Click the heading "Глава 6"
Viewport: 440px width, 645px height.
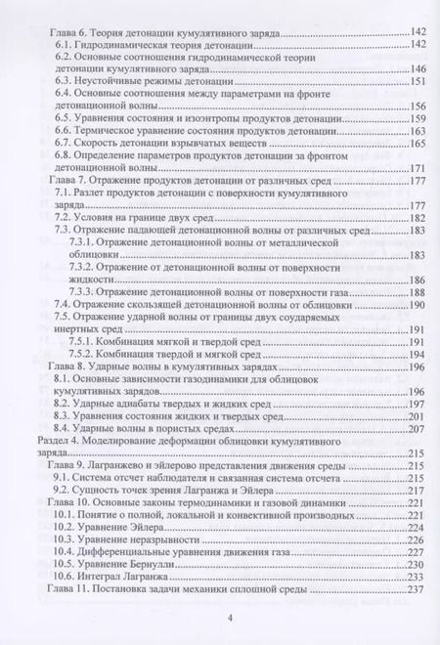(x=70, y=32)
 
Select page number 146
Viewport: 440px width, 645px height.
(x=418, y=70)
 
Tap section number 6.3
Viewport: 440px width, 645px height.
(x=65, y=83)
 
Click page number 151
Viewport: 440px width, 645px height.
(x=418, y=83)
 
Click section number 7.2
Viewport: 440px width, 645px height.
(x=65, y=221)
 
